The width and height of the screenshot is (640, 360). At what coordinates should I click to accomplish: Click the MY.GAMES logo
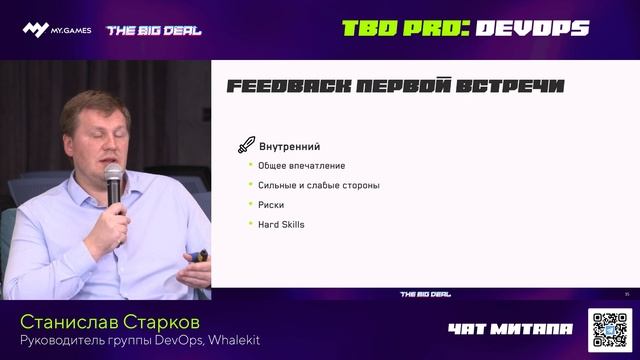[x=57, y=30]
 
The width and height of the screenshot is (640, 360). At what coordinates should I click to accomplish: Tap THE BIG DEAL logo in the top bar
[x=154, y=30]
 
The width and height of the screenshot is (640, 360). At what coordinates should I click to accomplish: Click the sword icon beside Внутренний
[x=243, y=146]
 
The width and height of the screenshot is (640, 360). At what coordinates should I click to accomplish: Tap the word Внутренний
[x=290, y=147]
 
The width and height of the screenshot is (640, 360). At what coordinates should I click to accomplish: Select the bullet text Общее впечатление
[x=301, y=166]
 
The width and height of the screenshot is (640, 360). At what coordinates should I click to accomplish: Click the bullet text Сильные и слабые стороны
[x=319, y=185]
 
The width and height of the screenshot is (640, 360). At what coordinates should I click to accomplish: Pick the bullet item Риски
[x=272, y=204]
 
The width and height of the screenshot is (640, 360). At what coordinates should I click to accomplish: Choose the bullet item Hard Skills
[x=282, y=224]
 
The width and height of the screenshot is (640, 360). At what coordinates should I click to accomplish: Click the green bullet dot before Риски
[x=249, y=204]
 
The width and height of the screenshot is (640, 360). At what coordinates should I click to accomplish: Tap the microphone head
[x=114, y=178]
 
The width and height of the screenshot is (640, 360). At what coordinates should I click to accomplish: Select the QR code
[x=609, y=329]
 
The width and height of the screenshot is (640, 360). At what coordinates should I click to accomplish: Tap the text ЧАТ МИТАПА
[x=511, y=329]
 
